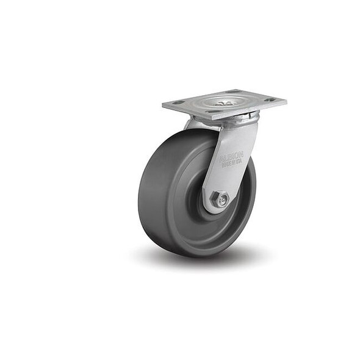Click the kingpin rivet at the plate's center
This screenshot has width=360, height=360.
pyautogui.click(x=224, y=101)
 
